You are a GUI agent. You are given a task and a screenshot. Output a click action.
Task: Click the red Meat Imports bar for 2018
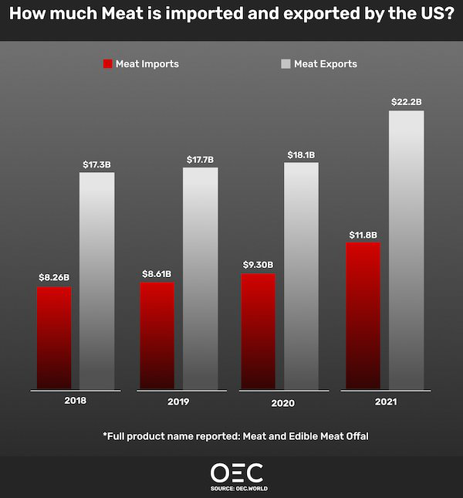[x=54, y=338]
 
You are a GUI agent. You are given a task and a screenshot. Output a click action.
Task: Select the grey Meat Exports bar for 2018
[x=96, y=281]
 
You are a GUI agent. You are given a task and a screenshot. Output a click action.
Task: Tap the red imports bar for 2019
[x=157, y=336]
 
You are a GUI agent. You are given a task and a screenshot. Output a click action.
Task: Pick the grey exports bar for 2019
[x=200, y=279]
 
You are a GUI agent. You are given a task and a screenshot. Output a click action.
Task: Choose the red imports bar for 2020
[x=258, y=331]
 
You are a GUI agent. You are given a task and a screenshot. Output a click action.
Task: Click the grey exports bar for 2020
[x=301, y=276]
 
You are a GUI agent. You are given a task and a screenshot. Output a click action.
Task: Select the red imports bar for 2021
[x=363, y=316]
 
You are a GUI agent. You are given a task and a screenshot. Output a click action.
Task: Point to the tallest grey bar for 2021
[x=406, y=250]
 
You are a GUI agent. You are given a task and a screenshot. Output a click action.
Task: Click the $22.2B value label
[x=406, y=101]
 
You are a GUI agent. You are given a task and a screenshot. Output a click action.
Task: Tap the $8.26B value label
[x=54, y=277]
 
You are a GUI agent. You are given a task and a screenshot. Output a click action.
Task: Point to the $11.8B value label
[x=363, y=234]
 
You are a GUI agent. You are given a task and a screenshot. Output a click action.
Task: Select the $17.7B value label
[x=200, y=159]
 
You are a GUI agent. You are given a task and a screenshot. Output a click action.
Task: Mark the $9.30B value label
[x=258, y=265]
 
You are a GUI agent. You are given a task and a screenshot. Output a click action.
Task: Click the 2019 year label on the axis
[x=177, y=402]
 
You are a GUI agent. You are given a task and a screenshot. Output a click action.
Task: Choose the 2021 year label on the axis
[x=386, y=402]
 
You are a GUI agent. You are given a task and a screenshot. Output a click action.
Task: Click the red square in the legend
[x=107, y=64]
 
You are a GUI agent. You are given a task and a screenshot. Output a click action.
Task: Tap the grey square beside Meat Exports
[x=286, y=64]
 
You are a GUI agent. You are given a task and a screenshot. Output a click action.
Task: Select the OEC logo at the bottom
[x=237, y=473]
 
